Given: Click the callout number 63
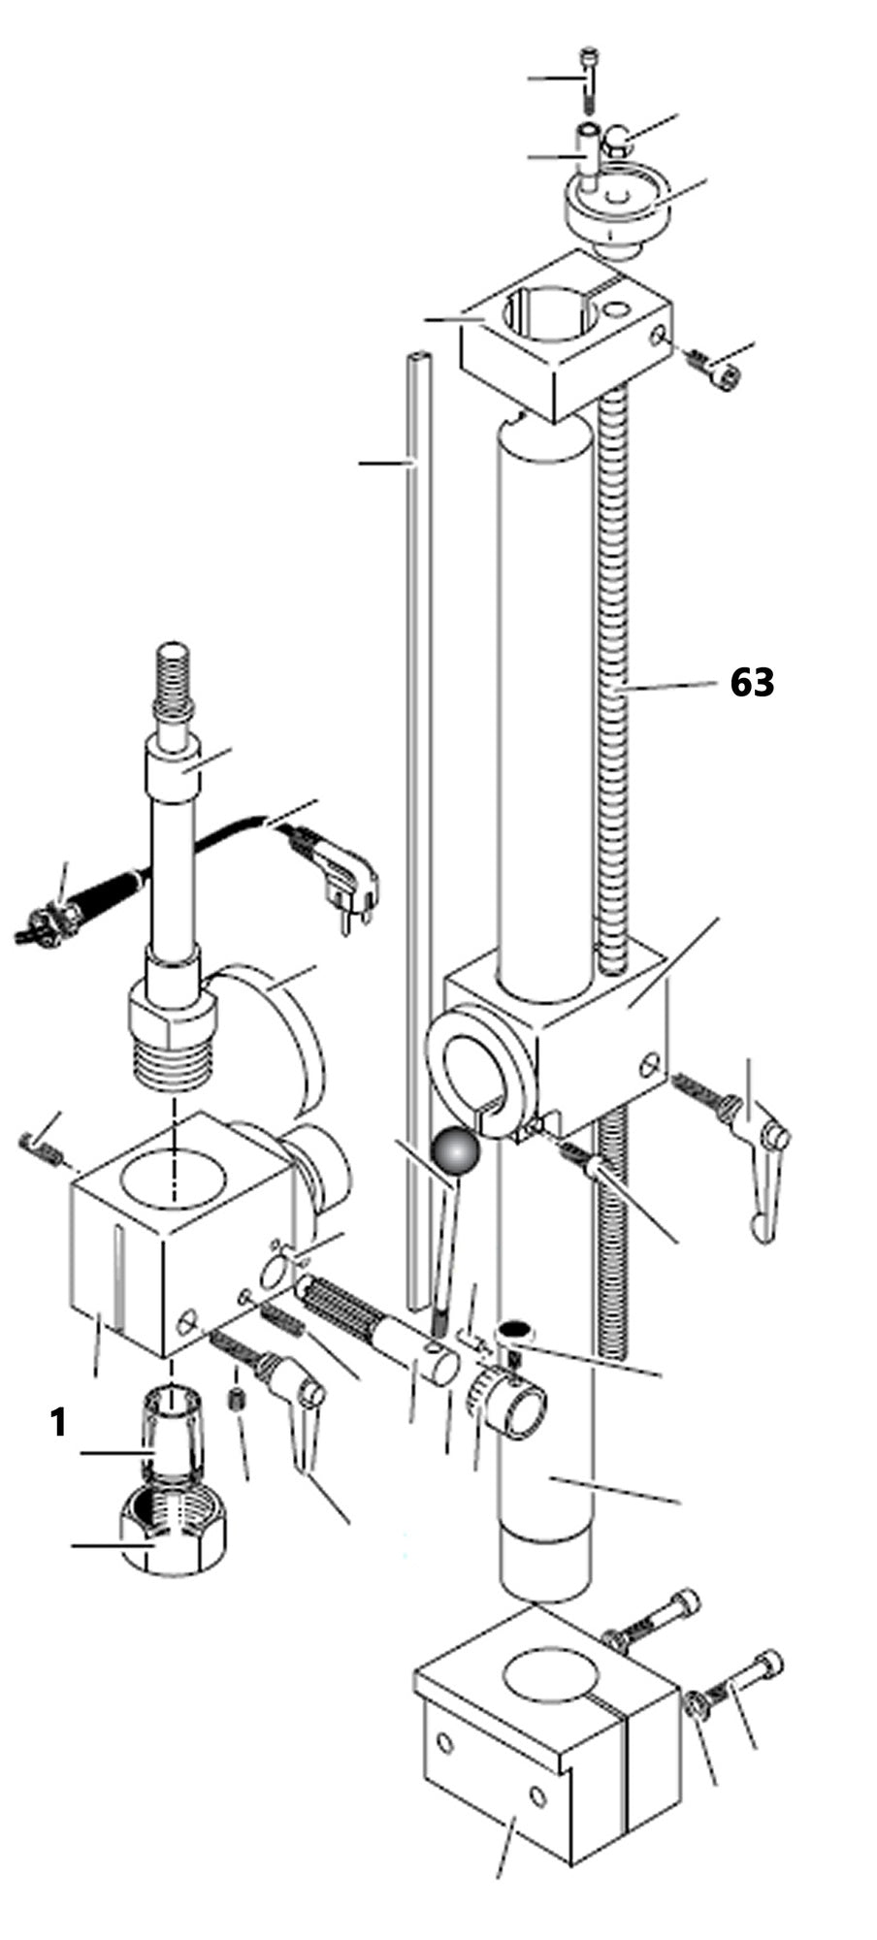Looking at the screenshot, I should coord(752,682).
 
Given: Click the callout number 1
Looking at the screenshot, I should coord(58,1423).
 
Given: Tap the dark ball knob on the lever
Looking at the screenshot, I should coord(456,1152).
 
